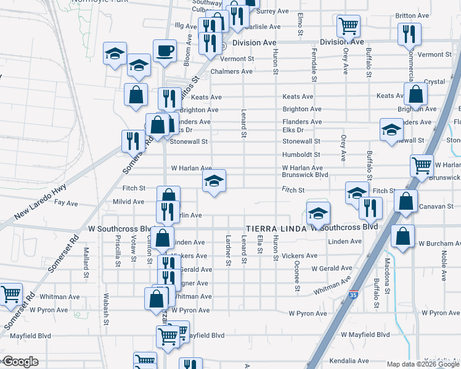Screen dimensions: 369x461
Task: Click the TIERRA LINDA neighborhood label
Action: (x=275, y=228)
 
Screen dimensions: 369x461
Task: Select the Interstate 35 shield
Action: (x=354, y=295)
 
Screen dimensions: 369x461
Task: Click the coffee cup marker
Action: (x=165, y=52)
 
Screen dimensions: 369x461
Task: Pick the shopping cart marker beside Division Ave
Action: (x=348, y=27)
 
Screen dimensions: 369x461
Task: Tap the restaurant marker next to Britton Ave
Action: (x=409, y=34)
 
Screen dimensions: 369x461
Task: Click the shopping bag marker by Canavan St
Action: (x=406, y=202)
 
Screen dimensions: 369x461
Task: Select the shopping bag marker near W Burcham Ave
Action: (x=402, y=237)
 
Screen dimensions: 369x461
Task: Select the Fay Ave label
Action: (x=67, y=203)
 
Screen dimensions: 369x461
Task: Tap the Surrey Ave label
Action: (x=272, y=11)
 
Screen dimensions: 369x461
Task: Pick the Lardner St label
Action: (x=229, y=253)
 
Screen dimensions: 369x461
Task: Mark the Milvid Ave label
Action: (x=128, y=202)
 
